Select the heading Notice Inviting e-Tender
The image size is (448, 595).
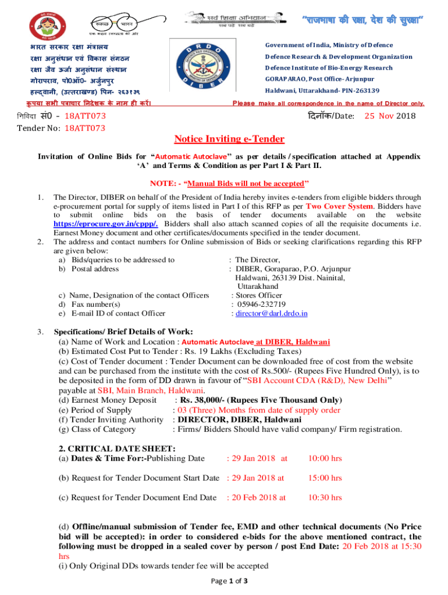coord(229,139)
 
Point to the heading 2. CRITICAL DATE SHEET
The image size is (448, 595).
coord(116,448)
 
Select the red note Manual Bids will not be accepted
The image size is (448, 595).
coord(229,184)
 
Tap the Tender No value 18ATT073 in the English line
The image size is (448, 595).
coord(85,128)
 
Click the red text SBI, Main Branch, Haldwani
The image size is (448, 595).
coord(151,390)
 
